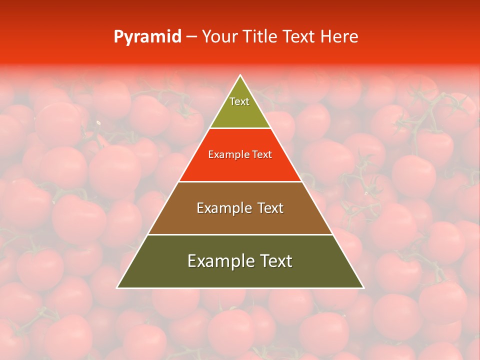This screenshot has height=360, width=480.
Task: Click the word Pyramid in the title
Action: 147,37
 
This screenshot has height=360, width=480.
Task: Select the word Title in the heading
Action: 261,37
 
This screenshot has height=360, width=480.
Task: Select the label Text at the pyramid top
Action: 239,101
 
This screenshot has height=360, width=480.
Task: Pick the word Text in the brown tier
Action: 270,208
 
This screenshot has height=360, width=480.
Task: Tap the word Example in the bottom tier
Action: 220,261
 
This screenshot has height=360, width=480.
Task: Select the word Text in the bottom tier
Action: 275,261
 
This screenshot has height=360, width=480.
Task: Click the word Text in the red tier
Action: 262,155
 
